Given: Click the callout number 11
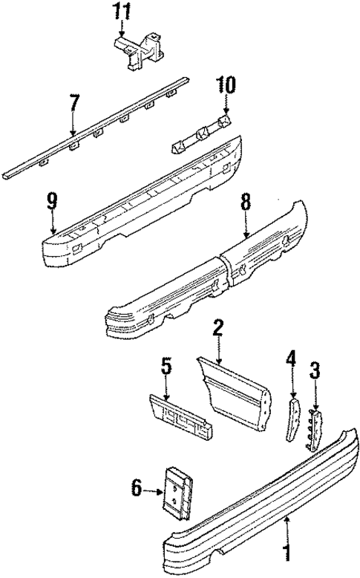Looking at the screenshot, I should pyautogui.click(x=121, y=12).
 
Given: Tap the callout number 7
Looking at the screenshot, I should pyautogui.click(x=73, y=102).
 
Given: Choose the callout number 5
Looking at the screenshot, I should pyautogui.click(x=166, y=366).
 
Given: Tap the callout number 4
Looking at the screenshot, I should pyautogui.click(x=292, y=364).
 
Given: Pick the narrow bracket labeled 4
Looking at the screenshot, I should pyautogui.click(x=292, y=421).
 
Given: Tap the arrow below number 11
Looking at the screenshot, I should pyautogui.click(x=121, y=31).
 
